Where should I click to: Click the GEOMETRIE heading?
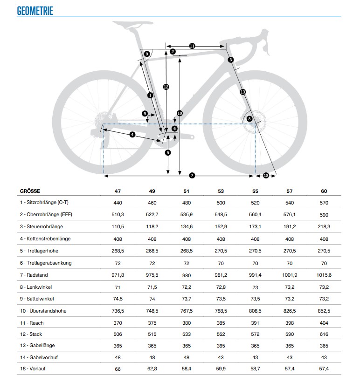click(35, 11)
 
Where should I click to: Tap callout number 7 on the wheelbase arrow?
click(192, 176)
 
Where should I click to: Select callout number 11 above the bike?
click(192, 46)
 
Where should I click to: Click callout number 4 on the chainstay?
click(132, 135)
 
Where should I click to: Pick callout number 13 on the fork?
click(242, 92)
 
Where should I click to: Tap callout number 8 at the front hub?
click(249, 119)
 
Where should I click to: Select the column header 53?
click(221, 191)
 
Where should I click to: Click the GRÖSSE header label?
click(30, 191)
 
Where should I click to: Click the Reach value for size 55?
click(255, 322)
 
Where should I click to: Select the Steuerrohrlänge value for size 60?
click(324, 227)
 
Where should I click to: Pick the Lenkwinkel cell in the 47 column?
click(118, 286)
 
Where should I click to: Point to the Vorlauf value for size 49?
click(152, 370)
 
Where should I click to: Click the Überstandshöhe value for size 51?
click(187, 310)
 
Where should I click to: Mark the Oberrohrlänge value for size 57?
click(290, 215)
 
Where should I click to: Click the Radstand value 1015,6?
click(324, 275)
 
